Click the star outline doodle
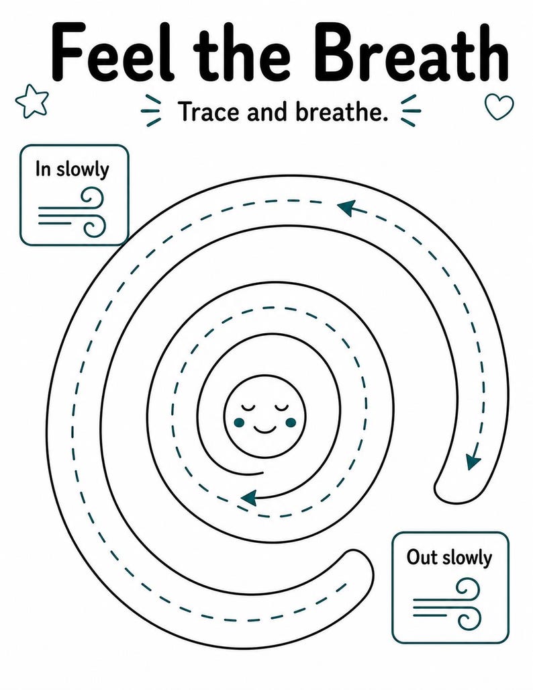tap(32, 101)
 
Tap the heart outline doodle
tap(499, 107)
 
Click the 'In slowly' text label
tap(72, 169)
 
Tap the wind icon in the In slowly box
tap(72, 213)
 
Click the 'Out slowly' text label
tap(449, 558)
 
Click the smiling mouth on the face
tap(264, 428)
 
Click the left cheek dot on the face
tap(239, 423)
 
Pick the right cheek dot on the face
tap(291, 423)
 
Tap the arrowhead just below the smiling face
tap(249, 498)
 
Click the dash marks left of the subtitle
tap(151, 111)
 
